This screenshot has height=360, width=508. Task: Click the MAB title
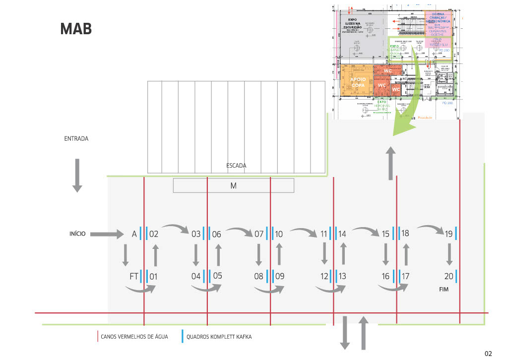tap(76, 29)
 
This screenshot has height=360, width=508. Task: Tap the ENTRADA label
tap(76, 139)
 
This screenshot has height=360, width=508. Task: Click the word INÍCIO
tap(77, 233)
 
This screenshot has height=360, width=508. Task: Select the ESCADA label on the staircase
tap(236, 166)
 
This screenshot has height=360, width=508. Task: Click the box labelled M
tap(233, 185)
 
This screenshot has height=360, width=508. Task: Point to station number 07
tap(259, 234)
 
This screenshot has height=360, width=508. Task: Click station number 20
tap(449, 277)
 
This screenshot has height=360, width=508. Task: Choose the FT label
tap(133, 277)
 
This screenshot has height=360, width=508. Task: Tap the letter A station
tap(134, 234)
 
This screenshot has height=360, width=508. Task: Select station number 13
tap(342, 277)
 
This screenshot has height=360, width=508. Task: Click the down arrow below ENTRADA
tap(77, 175)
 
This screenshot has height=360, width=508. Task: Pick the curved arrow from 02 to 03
tap(176, 228)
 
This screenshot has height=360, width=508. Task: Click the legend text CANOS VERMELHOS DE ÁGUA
tap(134, 337)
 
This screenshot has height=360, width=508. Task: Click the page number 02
tap(488, 354)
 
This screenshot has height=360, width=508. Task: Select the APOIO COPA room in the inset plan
tap(357, 82)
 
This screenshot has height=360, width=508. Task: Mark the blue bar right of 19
tap(455, 233)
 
